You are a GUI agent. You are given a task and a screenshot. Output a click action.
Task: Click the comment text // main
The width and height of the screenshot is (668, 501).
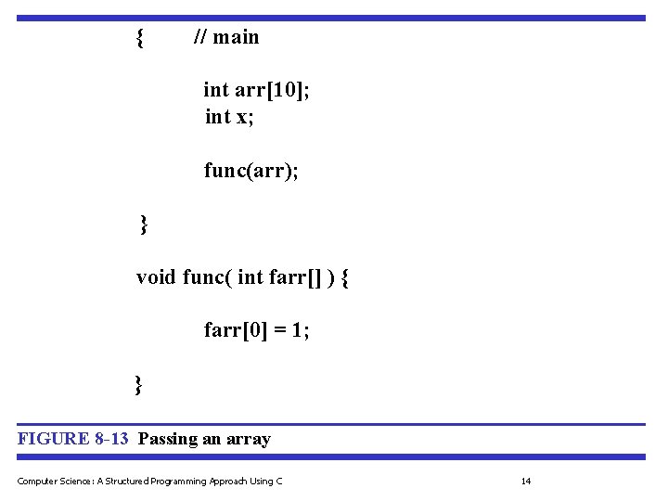point(226,38)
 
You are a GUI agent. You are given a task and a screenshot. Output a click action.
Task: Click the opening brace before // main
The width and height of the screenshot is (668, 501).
point(139,38)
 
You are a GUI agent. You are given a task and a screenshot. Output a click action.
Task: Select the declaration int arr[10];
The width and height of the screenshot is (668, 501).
point(256,90)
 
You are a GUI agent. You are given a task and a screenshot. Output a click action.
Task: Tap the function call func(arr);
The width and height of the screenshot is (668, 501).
point(251,172)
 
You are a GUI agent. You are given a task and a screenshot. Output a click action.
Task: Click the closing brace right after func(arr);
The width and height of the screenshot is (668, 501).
point(144,224)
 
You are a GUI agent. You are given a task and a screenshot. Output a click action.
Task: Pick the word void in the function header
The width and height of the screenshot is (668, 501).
point(156,277)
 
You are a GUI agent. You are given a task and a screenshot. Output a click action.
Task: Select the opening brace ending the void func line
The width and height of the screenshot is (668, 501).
point(345,277)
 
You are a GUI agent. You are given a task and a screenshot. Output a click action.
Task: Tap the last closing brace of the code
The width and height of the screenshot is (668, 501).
point(138,383)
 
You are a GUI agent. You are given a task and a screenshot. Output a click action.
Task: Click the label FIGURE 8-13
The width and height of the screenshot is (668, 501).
point(73,439)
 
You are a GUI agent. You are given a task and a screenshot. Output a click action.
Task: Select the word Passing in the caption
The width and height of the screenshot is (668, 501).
point(167,439)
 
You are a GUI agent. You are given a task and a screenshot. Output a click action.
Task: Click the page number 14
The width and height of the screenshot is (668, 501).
point(526,481)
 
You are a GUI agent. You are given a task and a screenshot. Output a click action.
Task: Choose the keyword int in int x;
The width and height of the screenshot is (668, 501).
point(217,116)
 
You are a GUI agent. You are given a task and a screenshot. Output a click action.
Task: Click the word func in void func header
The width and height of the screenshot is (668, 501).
point(203,277)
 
